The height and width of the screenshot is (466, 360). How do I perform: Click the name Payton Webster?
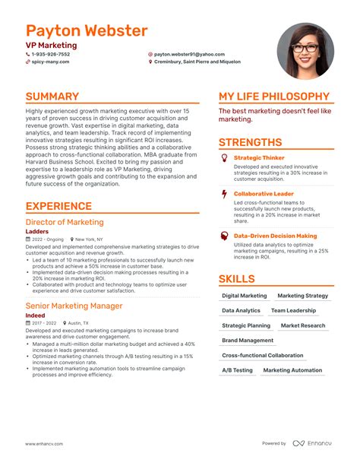86,31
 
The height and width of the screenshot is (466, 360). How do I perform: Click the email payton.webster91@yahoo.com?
189,55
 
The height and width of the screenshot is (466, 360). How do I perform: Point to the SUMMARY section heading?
52,97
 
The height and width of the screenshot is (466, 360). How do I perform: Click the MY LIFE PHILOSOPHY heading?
274,97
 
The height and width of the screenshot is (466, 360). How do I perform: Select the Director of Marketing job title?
65,222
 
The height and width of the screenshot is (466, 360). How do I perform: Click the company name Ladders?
37,231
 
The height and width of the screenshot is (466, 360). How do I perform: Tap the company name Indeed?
36,315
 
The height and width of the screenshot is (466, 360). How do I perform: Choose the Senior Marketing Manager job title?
74,306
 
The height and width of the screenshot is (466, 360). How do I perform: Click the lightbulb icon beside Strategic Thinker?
224,157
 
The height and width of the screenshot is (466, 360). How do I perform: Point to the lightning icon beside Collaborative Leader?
224,194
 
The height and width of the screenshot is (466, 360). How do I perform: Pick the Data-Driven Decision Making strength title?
275,236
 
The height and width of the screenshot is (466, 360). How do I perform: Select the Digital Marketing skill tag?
244,296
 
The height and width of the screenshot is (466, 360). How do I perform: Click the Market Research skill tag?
302,325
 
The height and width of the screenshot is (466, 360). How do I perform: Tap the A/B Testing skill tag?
237,370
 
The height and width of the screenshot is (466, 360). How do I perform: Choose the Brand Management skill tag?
248,341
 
